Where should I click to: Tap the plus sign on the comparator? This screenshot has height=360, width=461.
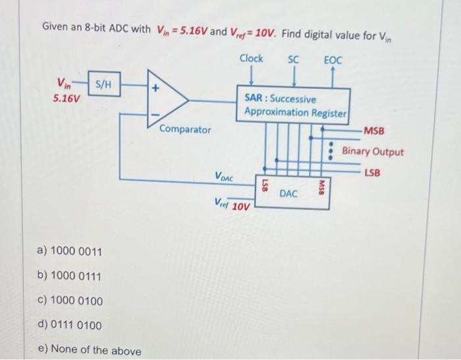pos(156,87)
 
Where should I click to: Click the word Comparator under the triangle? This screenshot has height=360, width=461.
pos(185,130)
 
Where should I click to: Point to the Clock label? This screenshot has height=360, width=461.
pos(251,59)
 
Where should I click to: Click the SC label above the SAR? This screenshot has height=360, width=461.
pos(294,59)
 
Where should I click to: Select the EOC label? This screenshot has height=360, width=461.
pos(333,60)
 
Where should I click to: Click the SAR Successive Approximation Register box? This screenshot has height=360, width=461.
pos(294,105)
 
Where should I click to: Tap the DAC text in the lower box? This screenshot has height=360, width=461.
pos(288,193)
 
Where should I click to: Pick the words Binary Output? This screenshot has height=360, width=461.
pos(373,152)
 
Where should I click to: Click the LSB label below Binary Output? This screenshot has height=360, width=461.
pos(372,172)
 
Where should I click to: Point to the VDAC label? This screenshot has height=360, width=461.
pos(224,176)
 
